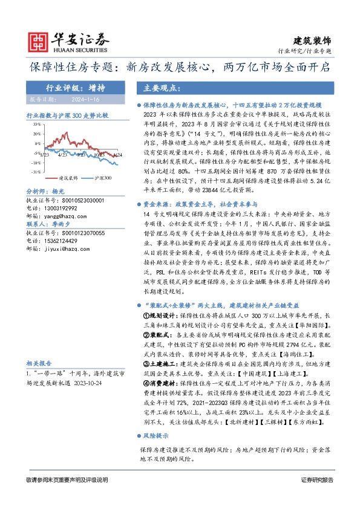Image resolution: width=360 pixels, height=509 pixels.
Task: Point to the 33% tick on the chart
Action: click(x=37, y=123)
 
